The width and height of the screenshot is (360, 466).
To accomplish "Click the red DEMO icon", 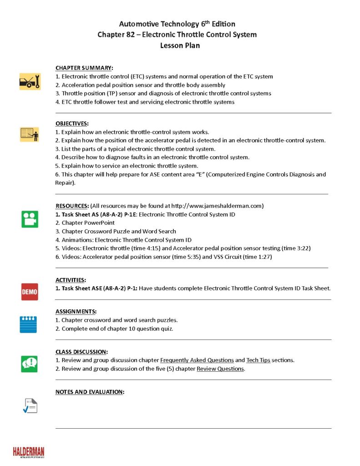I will [x=30, y=292].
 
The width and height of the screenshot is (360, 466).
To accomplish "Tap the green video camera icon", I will [x=30, y=219].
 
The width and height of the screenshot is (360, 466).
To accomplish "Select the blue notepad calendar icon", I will [x=28, y=324].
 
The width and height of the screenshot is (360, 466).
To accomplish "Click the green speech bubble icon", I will [x=30, y=364].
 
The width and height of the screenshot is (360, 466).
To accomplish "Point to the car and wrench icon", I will [x=30, y=81].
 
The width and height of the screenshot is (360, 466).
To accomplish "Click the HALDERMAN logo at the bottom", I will [x=29, y=452].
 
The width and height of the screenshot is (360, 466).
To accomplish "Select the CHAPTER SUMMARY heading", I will [x=84, y=67].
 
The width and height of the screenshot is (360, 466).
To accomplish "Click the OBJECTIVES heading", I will [x=72, y=123].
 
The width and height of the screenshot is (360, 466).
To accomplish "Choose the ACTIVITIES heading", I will [x=71, y=280].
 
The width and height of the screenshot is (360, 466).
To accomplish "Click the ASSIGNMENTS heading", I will [x=76, y=311].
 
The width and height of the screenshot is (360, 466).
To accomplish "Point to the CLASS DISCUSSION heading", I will [x=81, y=352].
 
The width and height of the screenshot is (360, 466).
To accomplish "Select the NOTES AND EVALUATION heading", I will [x=90, y=391].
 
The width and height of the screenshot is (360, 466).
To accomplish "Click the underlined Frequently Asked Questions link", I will [x=197, y=360].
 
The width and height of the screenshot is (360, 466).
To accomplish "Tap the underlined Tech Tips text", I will [x=258, y=360].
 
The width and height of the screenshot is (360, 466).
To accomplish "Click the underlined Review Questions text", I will [x=220, y=369].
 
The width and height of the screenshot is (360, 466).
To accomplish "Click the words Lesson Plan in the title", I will [x=180, y=46].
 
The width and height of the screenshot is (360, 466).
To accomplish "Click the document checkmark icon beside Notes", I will [x=30, y=405].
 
